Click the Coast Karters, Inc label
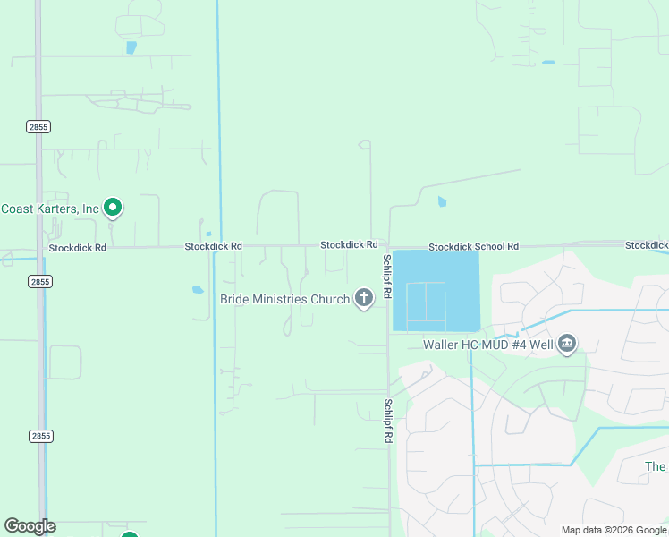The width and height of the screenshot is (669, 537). point(49,209)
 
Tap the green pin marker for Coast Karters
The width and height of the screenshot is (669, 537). point(113,208)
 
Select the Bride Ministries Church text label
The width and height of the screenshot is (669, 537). point(284,299)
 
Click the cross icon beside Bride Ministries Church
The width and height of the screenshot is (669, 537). point(364,298)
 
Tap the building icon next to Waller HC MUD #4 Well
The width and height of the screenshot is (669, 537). point(566,344)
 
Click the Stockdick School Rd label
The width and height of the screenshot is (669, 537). point(473,246)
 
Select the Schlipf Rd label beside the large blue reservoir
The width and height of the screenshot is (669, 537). point(387,276)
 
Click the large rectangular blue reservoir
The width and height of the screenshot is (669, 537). point(436,290)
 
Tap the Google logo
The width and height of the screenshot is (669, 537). point(30,526)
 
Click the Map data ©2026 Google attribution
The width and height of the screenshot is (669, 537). point(614,530)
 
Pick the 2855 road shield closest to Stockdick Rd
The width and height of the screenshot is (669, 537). point(39,281)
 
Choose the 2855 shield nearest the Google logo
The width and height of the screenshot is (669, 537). point(39,436)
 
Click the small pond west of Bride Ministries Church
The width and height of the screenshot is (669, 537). point(198,289)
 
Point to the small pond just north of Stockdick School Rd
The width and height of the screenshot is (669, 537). point(442,202)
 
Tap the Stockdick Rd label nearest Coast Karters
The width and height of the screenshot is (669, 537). point(77,247)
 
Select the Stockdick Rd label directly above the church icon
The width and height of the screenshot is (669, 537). point(349,244)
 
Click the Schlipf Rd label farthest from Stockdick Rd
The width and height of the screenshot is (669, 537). point(388,422)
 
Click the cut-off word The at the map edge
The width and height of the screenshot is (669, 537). point(656,466)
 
